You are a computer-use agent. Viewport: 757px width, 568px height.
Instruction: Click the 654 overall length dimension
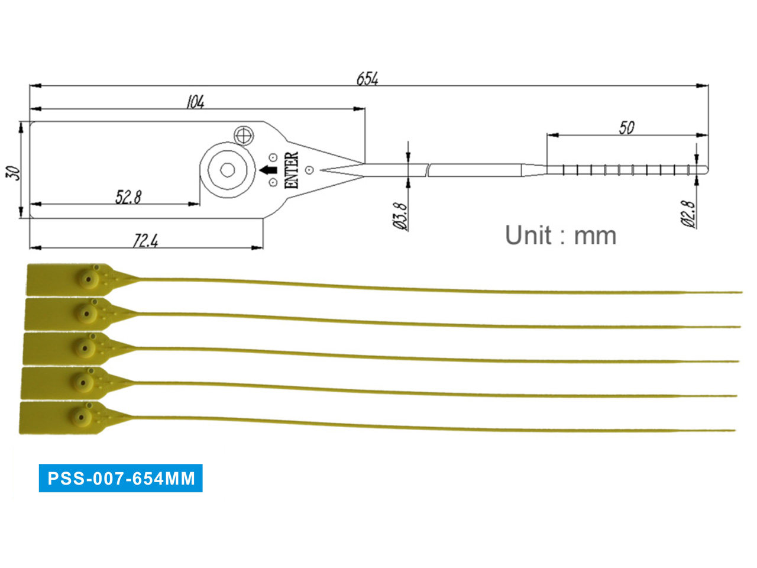point(367,79)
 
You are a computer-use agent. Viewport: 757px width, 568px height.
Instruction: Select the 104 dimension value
point(195,102)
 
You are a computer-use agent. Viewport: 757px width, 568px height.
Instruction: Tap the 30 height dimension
point(13,172)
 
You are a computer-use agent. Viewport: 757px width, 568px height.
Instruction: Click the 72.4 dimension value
point(146,240)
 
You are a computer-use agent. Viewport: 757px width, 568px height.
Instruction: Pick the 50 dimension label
point(626,127)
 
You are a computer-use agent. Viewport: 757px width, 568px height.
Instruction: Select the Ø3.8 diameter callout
point(400,216)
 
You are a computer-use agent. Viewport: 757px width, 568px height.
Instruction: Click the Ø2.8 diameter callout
point(688,214)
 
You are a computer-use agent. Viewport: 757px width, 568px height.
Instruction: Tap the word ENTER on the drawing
point(292,170)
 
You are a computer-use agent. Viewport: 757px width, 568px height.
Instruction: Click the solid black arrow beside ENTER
point(268,170)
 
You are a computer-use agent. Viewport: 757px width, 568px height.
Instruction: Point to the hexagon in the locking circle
point(228,170)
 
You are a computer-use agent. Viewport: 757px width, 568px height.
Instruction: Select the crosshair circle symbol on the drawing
point(243,135)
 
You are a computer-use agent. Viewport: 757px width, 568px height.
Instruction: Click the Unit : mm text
point(560,235)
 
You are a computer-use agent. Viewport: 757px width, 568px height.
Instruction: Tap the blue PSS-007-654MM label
point(121,478)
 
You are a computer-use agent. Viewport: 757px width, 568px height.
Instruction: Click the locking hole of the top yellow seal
point(89,279)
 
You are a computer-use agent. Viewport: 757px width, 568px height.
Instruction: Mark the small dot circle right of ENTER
point(309,170)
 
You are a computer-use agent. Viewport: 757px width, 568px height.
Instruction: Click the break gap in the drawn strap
point(428,170)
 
